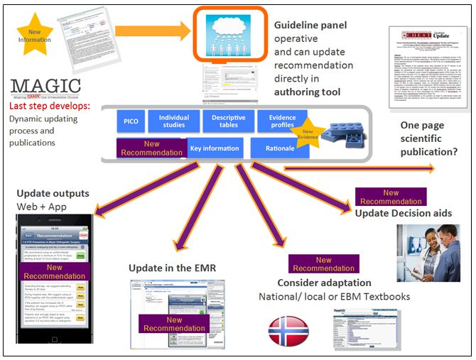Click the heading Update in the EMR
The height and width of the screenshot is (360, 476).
tap(172, 268)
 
